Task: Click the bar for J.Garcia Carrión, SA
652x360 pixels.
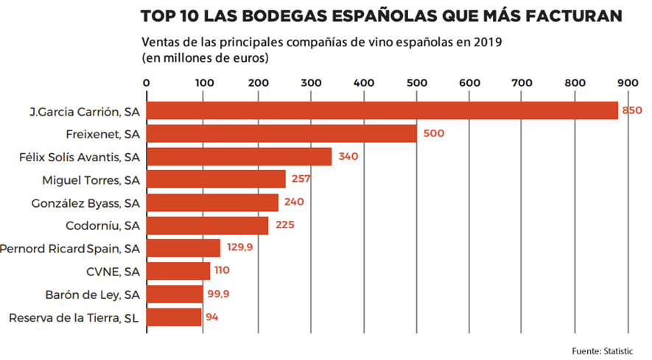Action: click(382, 110)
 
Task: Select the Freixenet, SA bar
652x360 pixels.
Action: click(282, 134)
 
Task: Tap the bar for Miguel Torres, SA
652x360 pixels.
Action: click(217, 179)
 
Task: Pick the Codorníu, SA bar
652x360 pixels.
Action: click(208, 225)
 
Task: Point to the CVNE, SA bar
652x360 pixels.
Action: click(178, 271)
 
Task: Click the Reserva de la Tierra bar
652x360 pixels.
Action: click(174, 317)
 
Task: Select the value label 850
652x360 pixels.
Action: click(632, 110)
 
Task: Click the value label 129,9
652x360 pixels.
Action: click(239, 247)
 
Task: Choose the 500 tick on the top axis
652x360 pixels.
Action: click(416, 82)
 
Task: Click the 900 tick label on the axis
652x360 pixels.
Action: click(628, 82)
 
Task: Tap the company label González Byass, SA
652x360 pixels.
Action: click(85, 202)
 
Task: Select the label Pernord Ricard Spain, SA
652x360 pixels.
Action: click(70, 248)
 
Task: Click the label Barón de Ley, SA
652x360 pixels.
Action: click(93, 294)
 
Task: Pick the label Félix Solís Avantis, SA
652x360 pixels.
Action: click(79, 156)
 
